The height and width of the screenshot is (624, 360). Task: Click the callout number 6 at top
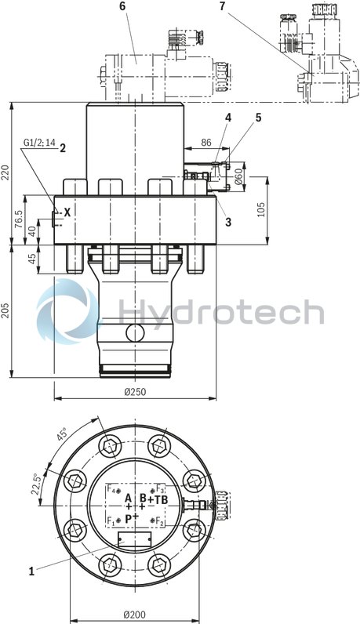122,6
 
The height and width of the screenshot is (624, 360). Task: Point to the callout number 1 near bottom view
32,571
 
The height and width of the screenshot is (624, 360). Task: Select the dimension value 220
7,171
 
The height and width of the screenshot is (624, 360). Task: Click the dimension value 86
206,143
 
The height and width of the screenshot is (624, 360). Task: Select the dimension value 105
261,209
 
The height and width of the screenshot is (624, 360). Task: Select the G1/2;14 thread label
36,143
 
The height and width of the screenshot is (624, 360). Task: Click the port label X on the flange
67,212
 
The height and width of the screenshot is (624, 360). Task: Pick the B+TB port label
154,499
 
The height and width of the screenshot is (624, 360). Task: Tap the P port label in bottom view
129,518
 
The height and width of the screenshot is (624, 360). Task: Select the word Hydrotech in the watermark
220,312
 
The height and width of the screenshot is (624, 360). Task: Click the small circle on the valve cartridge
135,332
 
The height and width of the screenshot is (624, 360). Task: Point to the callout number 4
228,118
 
